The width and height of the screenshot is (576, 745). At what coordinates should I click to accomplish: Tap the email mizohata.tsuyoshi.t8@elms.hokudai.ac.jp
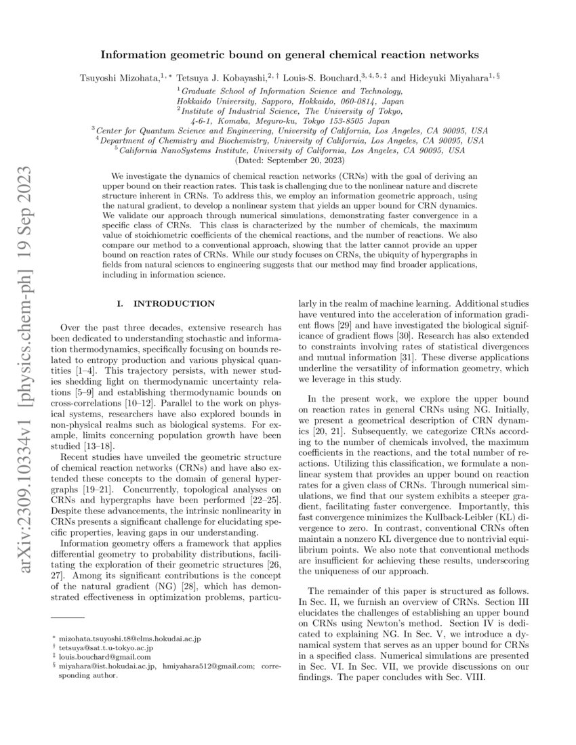(129, 638)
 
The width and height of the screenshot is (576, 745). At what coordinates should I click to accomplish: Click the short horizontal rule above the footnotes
(67, 618)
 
